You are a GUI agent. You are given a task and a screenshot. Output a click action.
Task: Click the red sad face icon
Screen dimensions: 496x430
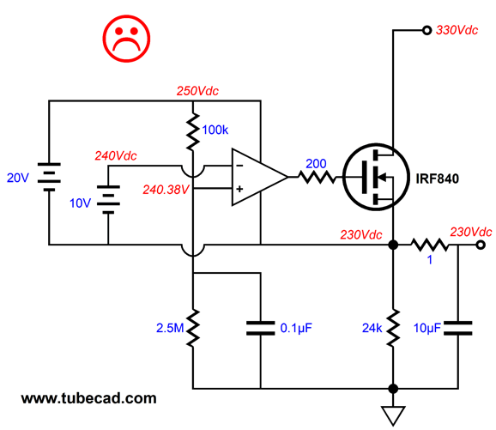tap(126, 39)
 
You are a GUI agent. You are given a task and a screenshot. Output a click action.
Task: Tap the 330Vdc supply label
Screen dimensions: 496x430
tap(457, 30)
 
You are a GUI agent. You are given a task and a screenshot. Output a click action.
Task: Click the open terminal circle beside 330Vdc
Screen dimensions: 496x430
tap(426, 30)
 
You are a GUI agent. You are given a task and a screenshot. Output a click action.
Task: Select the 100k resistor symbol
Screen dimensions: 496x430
tap(193, 131)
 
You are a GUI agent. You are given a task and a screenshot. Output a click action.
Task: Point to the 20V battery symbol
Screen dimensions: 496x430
tap(49, 177)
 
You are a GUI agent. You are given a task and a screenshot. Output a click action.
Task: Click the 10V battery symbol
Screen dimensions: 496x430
tap(108, 200)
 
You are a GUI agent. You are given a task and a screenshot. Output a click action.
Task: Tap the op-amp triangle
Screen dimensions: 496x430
tap(260, 177)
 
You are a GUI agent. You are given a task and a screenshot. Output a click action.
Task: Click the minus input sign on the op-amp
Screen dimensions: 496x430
tap(239, 166)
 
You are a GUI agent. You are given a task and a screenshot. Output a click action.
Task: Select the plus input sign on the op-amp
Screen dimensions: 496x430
tap(239, 189)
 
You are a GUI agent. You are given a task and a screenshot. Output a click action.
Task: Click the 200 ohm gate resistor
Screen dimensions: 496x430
tap(317, 177)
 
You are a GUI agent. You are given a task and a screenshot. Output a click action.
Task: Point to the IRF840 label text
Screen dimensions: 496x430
tap(437, 179)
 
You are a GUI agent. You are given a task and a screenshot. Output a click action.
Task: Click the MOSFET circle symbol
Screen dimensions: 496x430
tap(376, 177)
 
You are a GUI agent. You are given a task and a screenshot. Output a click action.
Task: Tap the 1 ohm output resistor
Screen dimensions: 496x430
tap(430, 245)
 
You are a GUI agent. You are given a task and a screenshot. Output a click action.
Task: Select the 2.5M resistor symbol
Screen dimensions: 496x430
tap(193, 328)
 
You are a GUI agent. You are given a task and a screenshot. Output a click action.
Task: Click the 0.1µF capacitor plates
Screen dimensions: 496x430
tap(260, 328)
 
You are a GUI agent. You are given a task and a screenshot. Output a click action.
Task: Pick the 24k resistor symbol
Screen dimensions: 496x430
tap(393, 328)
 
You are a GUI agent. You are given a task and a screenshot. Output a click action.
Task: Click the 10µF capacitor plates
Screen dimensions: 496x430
tap(457, 328)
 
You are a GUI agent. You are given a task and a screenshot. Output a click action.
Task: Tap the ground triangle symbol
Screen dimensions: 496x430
tap(393, 415)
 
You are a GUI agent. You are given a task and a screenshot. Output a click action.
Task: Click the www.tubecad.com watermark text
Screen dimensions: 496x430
tap(89, 398)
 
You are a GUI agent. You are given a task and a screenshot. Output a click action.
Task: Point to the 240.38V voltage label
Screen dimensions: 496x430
tap(166, 190)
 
